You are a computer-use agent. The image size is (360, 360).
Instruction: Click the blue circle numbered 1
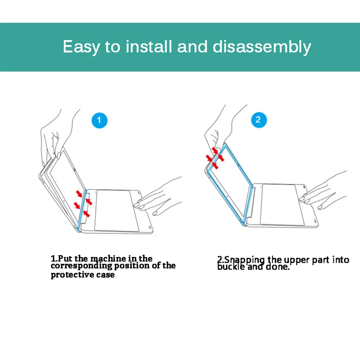coord(99,120)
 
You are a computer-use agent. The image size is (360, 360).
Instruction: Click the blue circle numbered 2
coord(259,120)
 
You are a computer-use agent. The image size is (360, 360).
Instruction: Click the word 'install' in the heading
coord(149,46)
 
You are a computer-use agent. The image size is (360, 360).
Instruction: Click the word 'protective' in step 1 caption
coord(72,275)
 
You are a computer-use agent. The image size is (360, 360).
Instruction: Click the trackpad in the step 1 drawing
coord(116,210)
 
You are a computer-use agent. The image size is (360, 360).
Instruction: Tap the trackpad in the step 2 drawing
coord(282,204)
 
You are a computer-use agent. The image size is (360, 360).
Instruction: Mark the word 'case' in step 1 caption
coord(105,275)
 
